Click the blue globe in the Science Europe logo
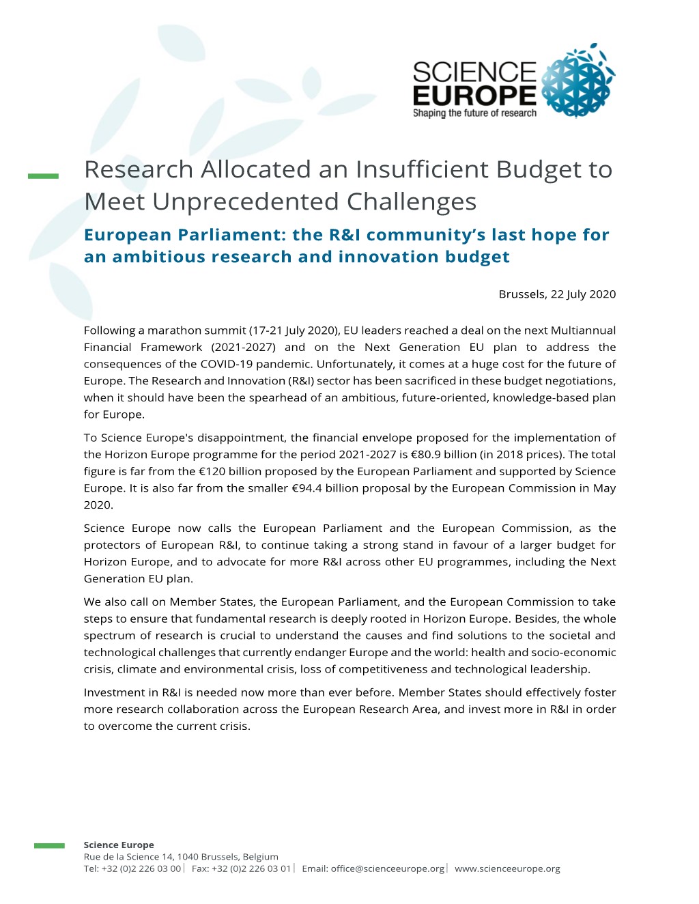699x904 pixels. pos(576,83)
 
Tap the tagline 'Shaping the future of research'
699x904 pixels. pos(474,113)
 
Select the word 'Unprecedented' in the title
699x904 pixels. pos(246,202)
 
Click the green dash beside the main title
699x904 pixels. pos(43,176)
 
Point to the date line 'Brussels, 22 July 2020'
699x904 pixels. pos(557,294)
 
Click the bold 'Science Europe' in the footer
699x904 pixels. pos(119,845)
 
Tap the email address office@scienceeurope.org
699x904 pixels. pos(388,868)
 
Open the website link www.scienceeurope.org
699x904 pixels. pos(507,868)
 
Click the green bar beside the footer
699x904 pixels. pos(49,845)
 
